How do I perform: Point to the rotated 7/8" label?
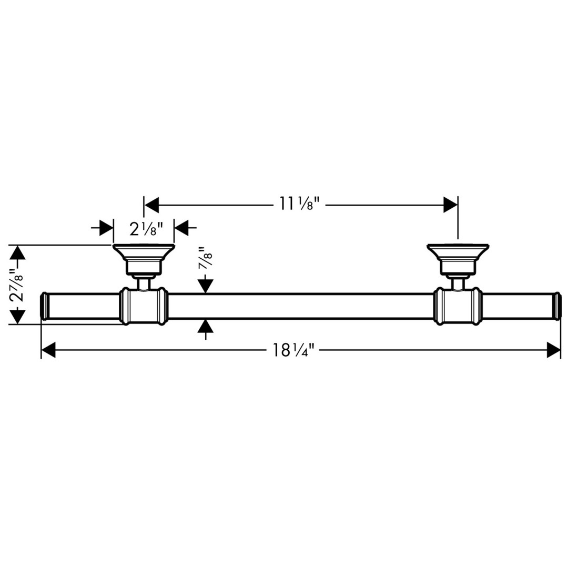pos(205,258)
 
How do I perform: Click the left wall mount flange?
pos(144,258)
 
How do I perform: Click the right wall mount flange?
pos(458,258)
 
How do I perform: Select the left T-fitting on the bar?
pos(144,307)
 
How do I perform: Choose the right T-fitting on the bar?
pos(458,307)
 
